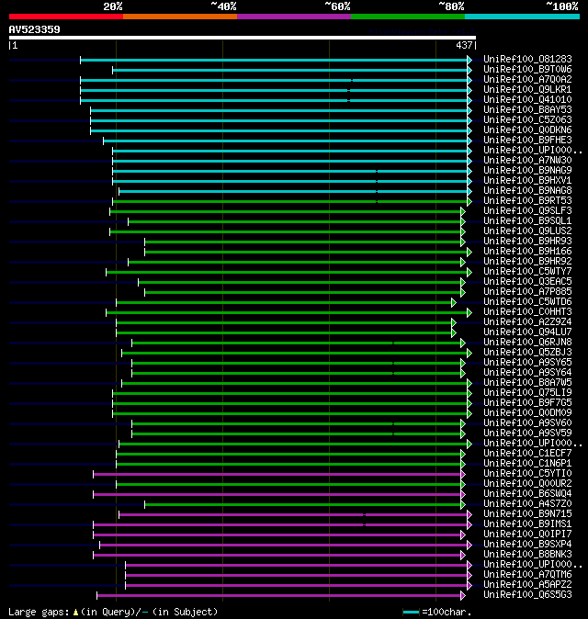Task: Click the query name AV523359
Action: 34,29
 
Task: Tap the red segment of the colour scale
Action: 65,16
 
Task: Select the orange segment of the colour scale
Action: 179,16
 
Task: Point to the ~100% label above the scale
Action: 561,6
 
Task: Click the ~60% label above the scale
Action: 337,6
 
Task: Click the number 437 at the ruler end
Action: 464,45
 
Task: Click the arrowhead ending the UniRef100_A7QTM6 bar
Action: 469,575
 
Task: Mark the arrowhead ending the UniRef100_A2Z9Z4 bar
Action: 454,322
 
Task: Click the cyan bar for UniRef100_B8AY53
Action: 276,110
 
